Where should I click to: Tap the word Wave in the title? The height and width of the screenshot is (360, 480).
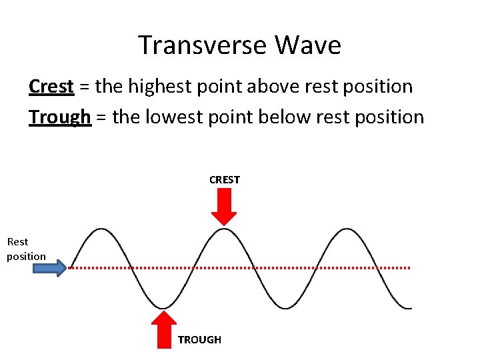[x=307, y=45]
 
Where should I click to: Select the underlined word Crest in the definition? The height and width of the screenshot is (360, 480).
[x=51, y=87]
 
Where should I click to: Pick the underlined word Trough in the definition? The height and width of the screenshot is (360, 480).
[x=60, y=117]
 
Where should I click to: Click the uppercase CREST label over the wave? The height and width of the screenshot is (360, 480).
[x=225, y=180]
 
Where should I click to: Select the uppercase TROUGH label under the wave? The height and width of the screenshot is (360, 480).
[x=199, y=340]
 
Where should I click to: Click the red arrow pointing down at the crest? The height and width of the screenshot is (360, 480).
[x=224, y=207]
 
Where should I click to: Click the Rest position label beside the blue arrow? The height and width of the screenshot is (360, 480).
[x=26, y=249]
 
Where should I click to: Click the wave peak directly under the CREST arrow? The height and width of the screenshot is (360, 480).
[x=224, y=229]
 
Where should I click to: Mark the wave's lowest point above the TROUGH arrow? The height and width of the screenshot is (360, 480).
[x=162, y=308]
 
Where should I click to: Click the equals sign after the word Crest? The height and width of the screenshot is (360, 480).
[x=85, y=87]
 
